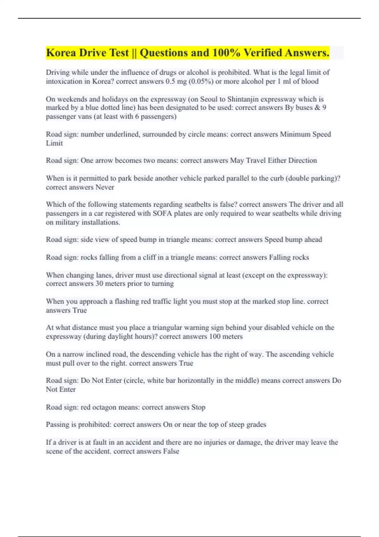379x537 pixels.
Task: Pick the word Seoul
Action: [x=208, y=99]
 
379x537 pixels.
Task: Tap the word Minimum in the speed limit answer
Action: [x=295, y=134]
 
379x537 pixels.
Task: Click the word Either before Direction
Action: [x=277, y=160]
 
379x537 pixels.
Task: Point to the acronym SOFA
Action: [x=162, y=214]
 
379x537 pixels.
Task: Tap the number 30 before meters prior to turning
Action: [x=99, y=284]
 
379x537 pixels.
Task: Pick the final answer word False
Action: [x=171, y=451]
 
